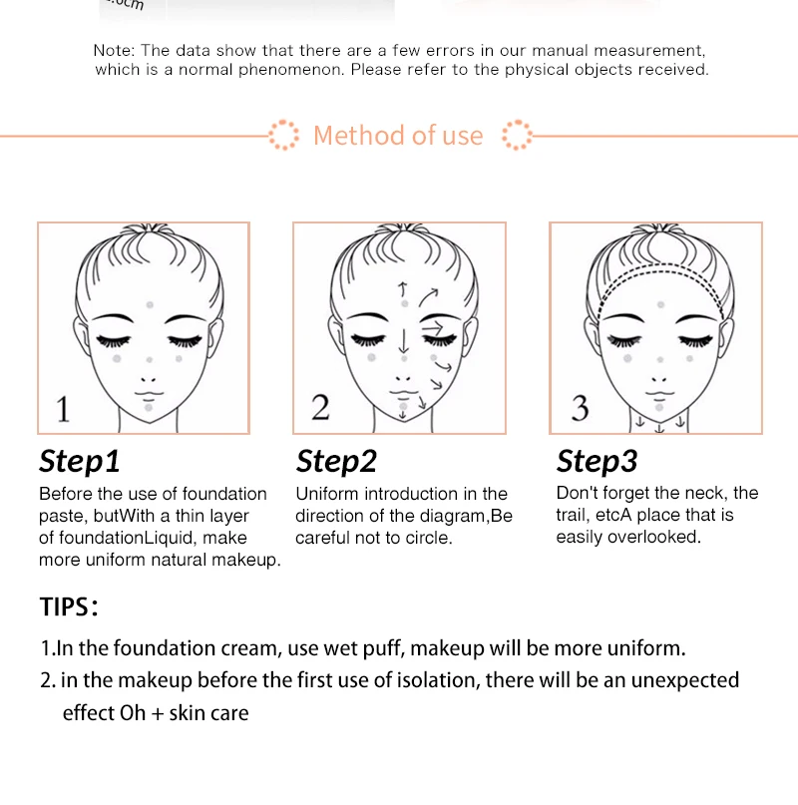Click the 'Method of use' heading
(x=398, y=136)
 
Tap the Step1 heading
(x=80, y=461)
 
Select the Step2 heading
(x=336, y=461)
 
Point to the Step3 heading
(x=598, y=461)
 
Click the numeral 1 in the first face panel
(x=63, y=409)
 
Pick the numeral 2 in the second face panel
(x=320, y=408)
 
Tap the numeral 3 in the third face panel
(x=581, y=408)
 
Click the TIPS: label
(x=69, y=606)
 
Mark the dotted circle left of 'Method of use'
(x=283, y=135)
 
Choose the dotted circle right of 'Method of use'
(x=517, y=135)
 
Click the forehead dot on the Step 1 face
(x=150, y=304)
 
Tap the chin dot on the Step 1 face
(x=149, y=408)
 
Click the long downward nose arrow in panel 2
(x=404, y=341)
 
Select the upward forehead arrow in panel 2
(x=403, y=289)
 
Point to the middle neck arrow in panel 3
(x=660, y=428)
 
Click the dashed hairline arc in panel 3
(x=661, y=265)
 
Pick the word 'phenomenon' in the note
(x=290, y=70)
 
